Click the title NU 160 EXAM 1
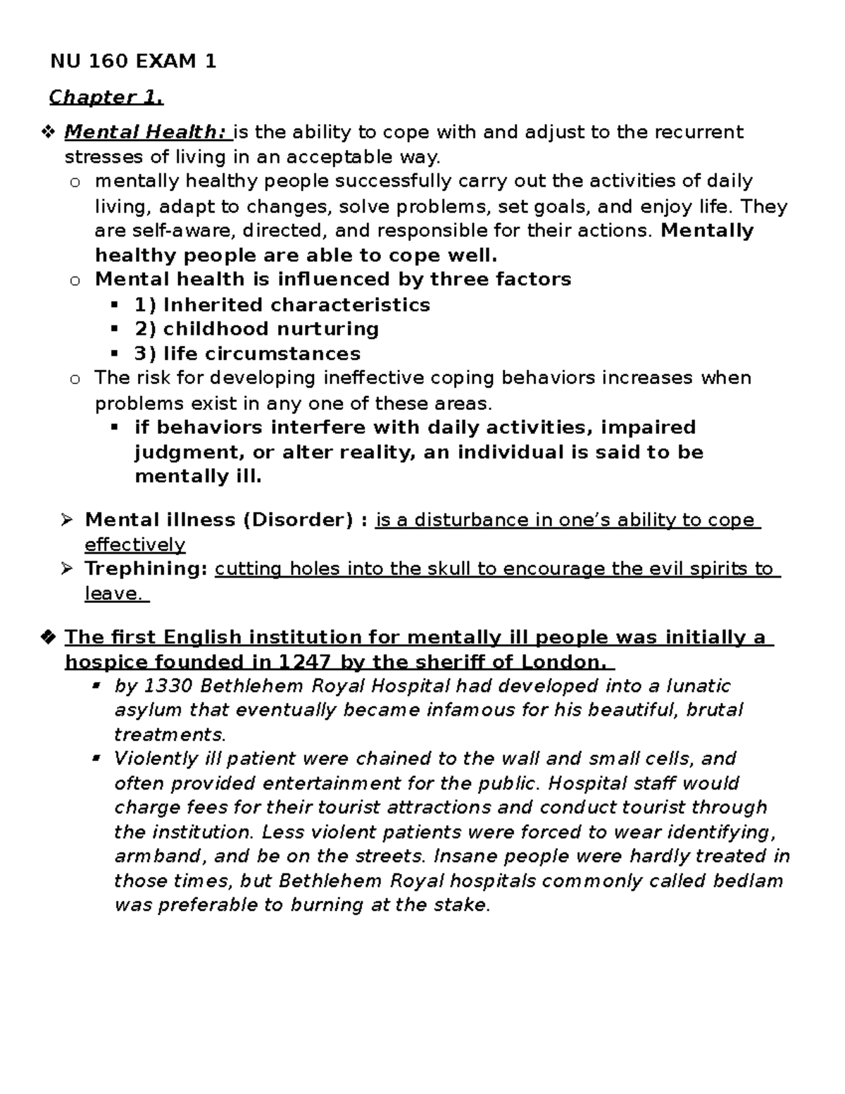[133, 62]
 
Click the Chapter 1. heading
[106, 97]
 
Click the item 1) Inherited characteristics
[282, 305]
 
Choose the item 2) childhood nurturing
[256, 329]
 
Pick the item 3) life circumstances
[247, 354]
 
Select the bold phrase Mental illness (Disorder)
[219, 520]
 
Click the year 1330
[167, 686]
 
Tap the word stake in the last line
[462, 905]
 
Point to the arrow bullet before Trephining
[67, 568]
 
